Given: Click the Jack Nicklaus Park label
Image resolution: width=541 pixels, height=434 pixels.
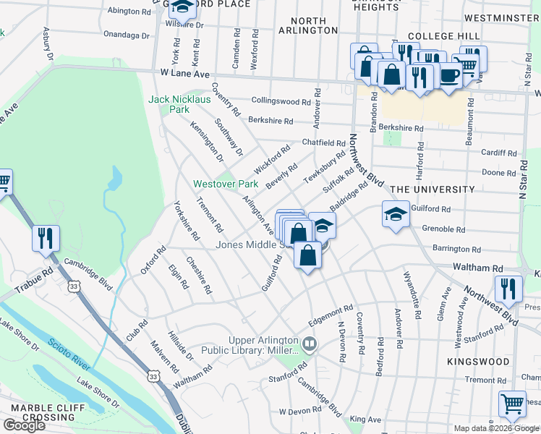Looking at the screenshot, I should (169, 104).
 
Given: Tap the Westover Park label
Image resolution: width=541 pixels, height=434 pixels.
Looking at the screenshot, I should (224, 184).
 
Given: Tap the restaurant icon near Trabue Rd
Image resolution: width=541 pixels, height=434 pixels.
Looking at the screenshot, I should (46, 237).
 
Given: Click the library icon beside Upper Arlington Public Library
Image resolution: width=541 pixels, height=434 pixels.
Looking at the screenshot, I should (310, 342).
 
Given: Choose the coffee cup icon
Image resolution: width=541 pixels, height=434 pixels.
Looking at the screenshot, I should (449, 75).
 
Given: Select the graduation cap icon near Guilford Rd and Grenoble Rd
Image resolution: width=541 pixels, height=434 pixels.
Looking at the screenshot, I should (396, 214).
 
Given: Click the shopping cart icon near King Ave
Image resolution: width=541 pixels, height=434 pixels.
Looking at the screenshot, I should (512, 403).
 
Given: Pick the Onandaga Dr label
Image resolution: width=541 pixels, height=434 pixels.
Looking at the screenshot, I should (126, 34).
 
